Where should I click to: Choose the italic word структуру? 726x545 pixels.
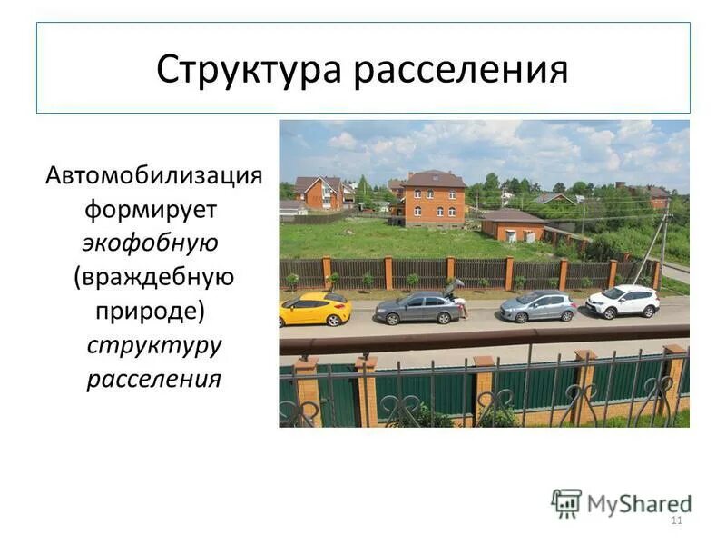154,344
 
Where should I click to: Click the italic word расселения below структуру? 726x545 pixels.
154,378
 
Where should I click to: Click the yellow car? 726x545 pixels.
315,309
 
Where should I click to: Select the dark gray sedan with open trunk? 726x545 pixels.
419,308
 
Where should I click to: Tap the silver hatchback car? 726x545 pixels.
537,306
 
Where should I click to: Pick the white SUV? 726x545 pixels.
623,301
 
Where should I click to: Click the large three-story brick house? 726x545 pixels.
433,197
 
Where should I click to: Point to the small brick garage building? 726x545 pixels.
513,224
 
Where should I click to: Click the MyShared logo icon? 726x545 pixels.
566,502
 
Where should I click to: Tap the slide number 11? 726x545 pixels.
675,520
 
